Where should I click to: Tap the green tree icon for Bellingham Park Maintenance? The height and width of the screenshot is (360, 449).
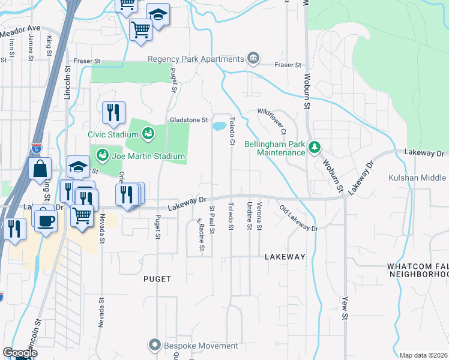tap(313, 147)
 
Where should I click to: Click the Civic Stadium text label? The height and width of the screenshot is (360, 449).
tap(113, 134)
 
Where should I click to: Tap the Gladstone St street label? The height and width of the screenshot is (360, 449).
tap(188, 120)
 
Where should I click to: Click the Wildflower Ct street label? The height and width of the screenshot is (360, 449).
tap(273, 120)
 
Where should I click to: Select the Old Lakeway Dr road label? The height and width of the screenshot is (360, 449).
tap(298, 218)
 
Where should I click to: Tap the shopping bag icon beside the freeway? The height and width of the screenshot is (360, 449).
tap(40, 169)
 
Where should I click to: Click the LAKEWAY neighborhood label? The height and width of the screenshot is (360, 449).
tap(285, 257)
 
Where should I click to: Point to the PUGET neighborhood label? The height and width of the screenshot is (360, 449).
tap(158, 279)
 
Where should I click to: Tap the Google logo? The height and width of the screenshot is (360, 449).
tap(20, 352)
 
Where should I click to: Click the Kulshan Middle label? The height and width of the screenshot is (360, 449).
tap(426, 178)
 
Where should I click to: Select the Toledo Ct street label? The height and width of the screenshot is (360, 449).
tap(231, 131)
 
